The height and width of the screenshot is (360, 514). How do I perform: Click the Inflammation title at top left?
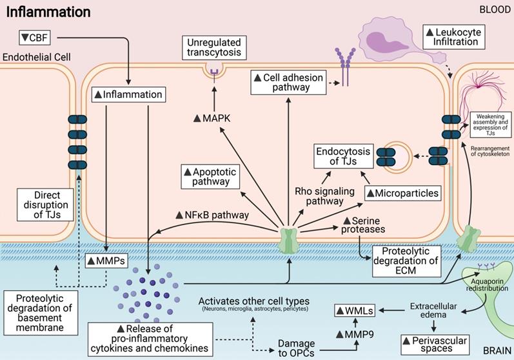48,12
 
